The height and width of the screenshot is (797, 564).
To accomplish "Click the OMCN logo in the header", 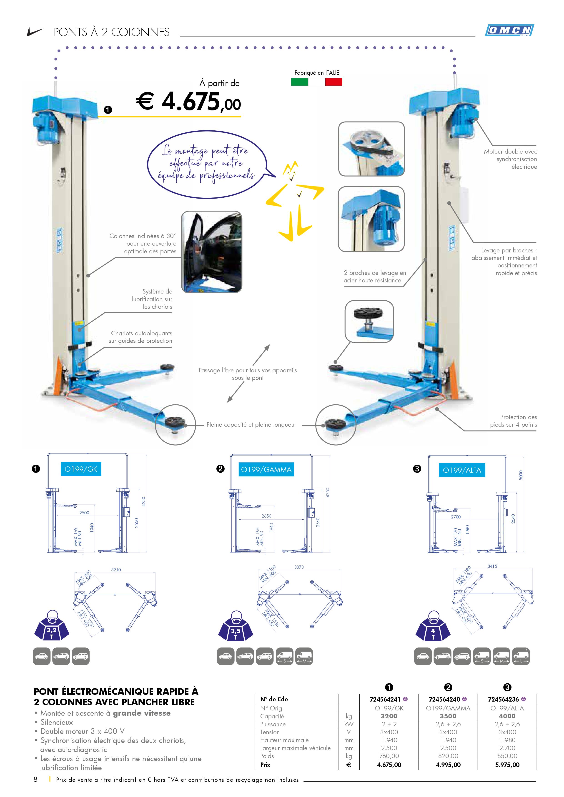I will [x=509, y=30].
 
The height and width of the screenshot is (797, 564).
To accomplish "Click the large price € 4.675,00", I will [x=188, y=102].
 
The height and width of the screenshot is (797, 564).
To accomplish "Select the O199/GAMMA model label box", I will [x=266, y=470].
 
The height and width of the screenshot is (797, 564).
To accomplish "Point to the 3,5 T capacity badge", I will [x=236, y=633].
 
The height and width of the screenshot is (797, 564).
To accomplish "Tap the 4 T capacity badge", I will [x=433, y=633].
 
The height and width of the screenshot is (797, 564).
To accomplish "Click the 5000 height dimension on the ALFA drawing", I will [x=521, y=475].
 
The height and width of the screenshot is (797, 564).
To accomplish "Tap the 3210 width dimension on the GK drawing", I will [x=116, y=570].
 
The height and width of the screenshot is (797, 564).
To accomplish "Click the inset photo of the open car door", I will [x=211, y=252].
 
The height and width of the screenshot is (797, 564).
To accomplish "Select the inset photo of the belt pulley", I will [x=371, y=149].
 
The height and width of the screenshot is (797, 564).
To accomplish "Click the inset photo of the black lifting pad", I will [x=369, y=321].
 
